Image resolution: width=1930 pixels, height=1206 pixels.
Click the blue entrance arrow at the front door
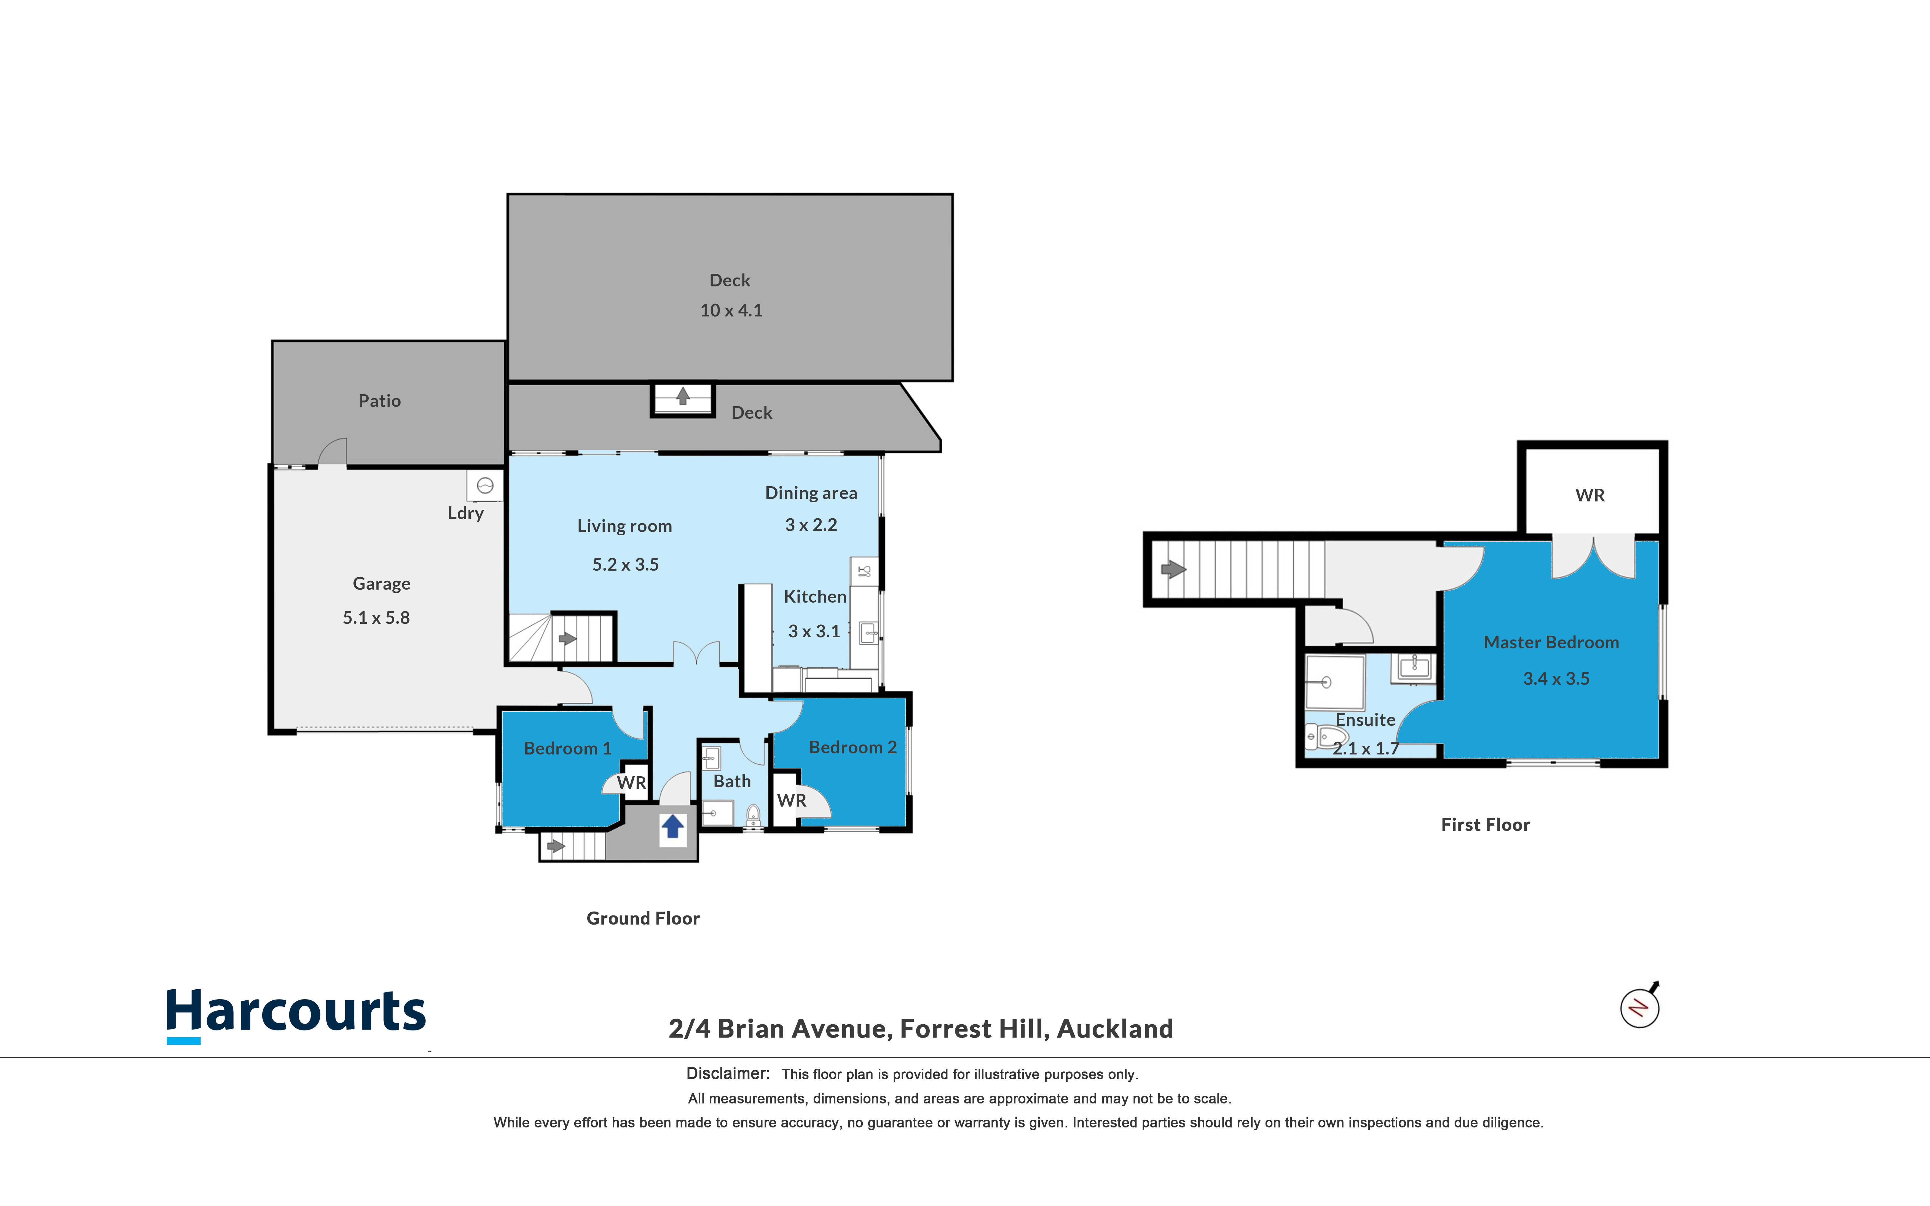pos(672,826)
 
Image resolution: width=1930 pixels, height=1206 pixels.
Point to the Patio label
pos(380,401)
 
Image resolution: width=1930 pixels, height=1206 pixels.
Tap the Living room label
pos(624,527)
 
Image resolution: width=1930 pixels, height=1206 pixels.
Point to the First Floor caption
pos(1485,825)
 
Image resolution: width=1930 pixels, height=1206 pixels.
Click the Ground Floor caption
pos(643,918)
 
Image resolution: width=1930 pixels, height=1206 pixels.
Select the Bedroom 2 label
pos(853,747)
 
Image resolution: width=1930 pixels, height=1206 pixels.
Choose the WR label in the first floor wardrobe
pos(1589,495)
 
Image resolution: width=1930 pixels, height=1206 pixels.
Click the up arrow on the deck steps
pos(683,396)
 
